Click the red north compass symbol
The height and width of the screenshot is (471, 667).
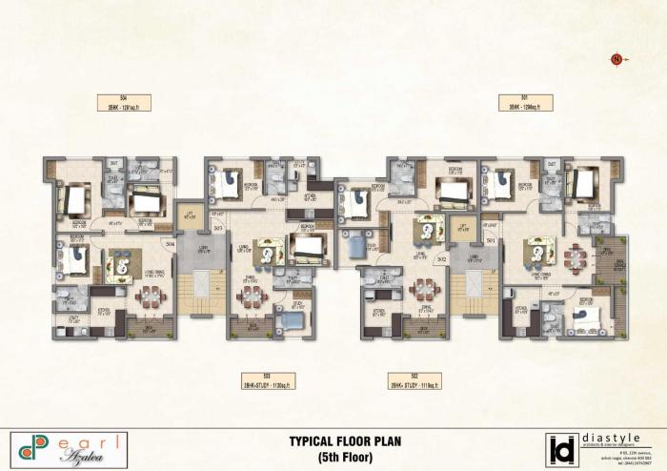pyautogui.click(x=616, y=60)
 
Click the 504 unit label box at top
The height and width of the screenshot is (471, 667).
pyautogui.click(x=124, y=102)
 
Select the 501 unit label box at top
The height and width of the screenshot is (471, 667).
pyautogui.click(x=524, y=102)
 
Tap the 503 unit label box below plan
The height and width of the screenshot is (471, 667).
pyautogui.click(x=268, y=380)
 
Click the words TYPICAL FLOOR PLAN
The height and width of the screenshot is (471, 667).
pyautogui.click(x=336, y=441)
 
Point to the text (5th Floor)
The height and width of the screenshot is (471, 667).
pyautogui.click(x=336, y=457)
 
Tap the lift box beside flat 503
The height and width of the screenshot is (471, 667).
pyautogui.click(x=189, y=215)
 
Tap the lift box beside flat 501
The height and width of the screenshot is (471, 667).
pyautogui.click(x=464, y=229)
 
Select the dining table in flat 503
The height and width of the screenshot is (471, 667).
pyautogui.click(x=251, y=297)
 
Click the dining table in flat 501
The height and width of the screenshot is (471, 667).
pyautogui.click(x=576, y=258)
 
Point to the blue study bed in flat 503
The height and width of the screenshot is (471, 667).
pyautogui.click(x=292, y=320)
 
